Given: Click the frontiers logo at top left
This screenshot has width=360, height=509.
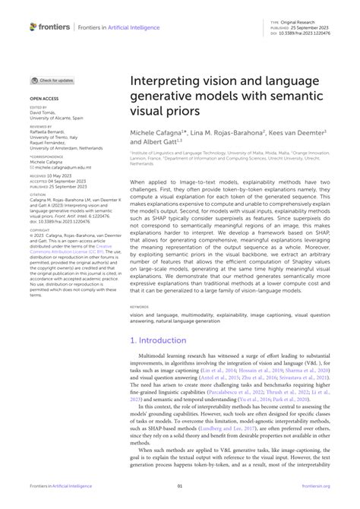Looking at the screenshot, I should click(x=50, y=27).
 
